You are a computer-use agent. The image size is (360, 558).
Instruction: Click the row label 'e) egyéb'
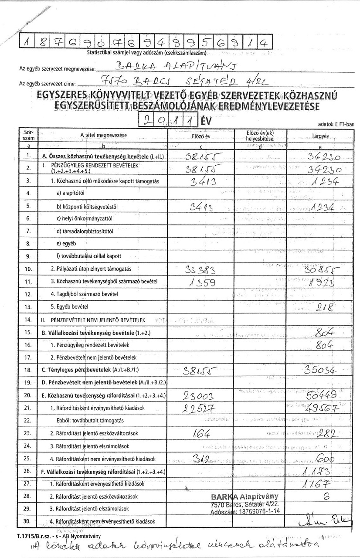click(x=67, y=243)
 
